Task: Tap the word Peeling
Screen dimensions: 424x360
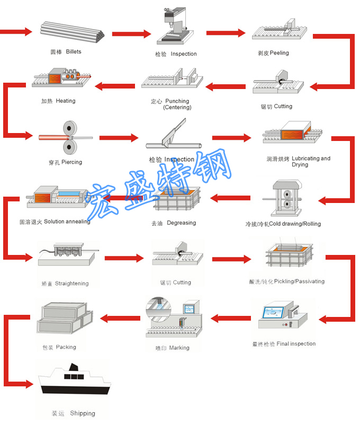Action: (279, 53)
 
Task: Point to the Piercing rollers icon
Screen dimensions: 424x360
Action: (68, 138)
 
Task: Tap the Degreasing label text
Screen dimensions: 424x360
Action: (181, 223)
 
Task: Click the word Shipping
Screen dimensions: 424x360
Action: (83, 413)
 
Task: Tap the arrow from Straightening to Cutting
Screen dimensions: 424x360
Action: (124, 258)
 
